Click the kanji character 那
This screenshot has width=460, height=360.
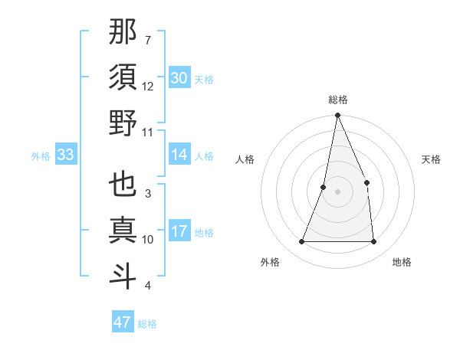click(123, 33)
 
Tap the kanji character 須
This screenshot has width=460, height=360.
click(123, 77)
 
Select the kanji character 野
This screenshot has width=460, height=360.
click(123, 123)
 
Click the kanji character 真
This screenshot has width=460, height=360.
click(123, 230)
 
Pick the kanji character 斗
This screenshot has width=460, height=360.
click(123, 275)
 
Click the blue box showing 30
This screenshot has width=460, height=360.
click(179, 78)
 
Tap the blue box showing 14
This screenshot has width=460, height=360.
click(179, 155)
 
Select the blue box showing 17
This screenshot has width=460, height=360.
click(179, 232)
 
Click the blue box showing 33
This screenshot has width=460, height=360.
click(65, 155)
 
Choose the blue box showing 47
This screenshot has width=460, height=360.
click(123, 322)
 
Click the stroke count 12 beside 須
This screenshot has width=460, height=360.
click(148, 87)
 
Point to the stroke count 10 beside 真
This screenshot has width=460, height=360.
click(148, 240)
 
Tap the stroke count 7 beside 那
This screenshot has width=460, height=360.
click(147, 40)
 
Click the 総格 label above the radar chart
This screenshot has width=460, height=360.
click(338, 100)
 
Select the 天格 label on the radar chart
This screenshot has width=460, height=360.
click(432, 159)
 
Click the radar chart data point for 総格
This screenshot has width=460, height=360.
click(338, 116)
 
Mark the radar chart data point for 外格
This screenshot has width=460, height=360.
click(302, 241)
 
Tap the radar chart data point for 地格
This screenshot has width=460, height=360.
click(373, 241)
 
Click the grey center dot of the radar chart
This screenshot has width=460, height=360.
click(338, 191)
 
